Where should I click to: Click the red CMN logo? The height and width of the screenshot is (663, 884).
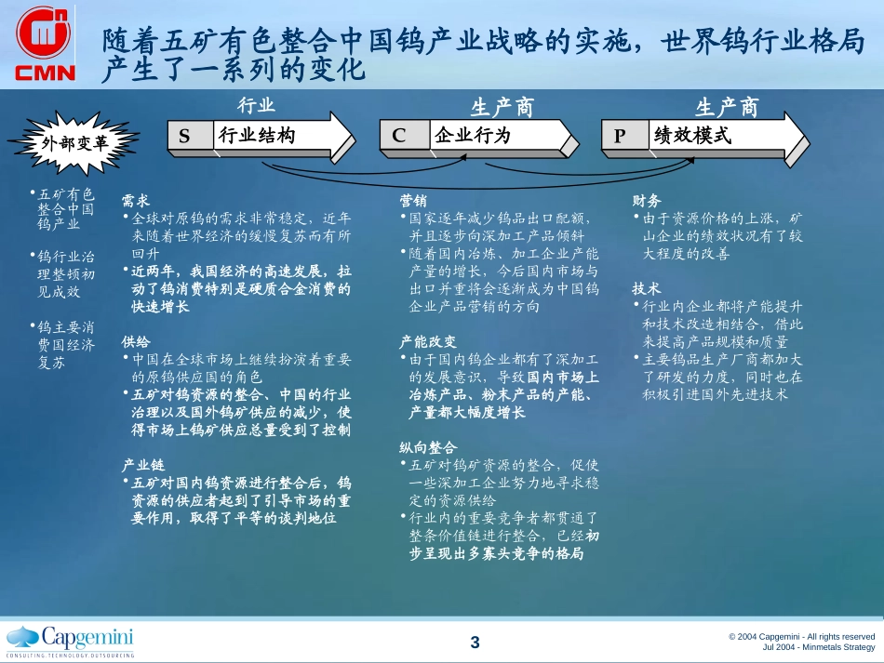coord(45,44)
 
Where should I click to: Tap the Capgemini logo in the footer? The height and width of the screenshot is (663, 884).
coord(71,641)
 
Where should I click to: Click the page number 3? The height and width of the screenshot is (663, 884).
coord(475,643)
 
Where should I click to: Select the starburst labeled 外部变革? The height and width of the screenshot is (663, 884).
coord(74,142)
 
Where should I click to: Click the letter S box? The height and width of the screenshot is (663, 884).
coord(190,136)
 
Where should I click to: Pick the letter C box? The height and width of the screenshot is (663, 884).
coord(404,135)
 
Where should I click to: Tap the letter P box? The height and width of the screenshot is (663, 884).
coord(624,135)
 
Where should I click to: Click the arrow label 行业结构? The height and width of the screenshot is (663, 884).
coord(257,135)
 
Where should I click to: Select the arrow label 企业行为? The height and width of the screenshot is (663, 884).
coord(472,135)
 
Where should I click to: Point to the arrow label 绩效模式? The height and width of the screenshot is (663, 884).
coord(692,135)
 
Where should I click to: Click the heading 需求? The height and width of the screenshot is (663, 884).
coord(135,201)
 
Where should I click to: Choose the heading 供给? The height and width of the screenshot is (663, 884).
coord(135,341)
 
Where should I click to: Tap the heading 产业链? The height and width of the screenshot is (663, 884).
coord(142,465)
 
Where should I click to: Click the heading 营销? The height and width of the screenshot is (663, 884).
coord(412,201)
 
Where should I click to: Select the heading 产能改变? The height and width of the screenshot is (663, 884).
coord(427,341)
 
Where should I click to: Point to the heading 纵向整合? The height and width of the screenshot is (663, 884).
coord(427,447)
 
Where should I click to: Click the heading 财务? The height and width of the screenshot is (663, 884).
coord(646,201)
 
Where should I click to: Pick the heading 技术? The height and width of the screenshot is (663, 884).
coord(646,289)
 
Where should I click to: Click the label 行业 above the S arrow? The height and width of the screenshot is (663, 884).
coord(256,105)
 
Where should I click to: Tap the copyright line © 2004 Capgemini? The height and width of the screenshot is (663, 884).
coord(801,637)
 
